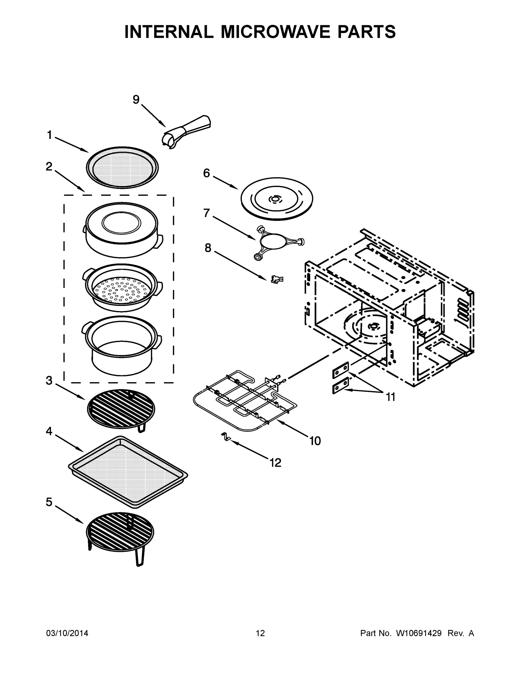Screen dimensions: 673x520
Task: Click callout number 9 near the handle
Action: [136, 100]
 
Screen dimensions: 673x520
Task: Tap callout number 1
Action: [49, 135]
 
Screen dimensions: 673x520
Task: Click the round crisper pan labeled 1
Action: [122, 168]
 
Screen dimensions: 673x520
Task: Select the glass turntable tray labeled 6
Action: [276, 199]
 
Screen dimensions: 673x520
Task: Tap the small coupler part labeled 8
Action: [277, 279]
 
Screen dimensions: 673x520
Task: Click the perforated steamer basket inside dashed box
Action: [122, 288]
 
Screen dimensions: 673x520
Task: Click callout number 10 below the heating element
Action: [315, 441]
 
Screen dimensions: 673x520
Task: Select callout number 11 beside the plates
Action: [390, 397]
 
